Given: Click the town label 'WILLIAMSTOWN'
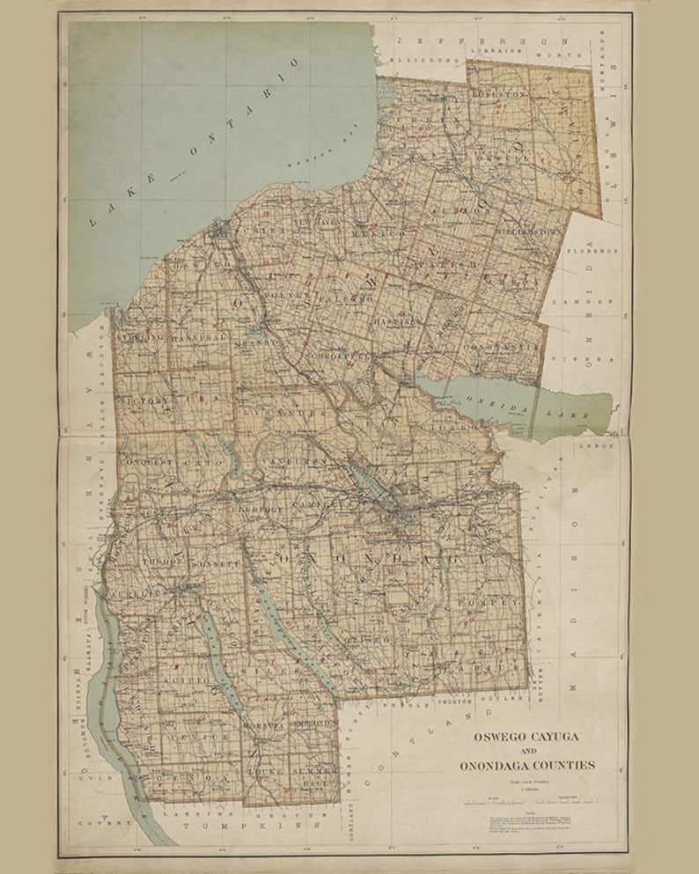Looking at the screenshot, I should click(x=528, y=232).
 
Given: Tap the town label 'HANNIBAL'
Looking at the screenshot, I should click(x=199, y=338).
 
